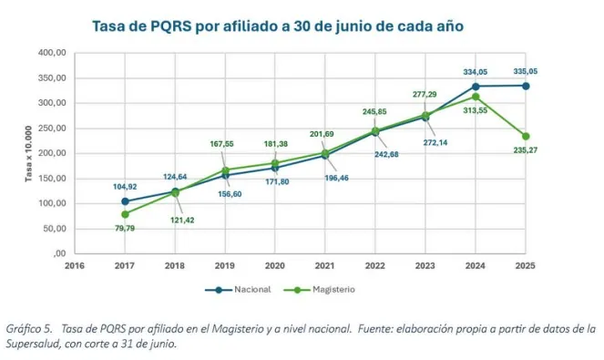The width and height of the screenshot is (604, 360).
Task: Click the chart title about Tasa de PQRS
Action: coord(278,26)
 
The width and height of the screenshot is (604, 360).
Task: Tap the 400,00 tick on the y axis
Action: coord(52,53)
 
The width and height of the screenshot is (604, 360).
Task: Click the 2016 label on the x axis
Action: coord(73,266)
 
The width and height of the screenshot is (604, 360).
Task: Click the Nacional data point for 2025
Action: coord(526,86)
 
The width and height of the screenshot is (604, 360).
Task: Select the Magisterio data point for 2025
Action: coord(526,136)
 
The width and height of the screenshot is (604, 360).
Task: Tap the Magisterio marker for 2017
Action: coord(125,214)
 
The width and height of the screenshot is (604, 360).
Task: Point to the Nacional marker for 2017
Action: coord(125,201)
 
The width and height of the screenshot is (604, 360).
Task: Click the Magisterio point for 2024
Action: coord(476,97)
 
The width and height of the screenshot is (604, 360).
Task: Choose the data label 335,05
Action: coord(526,69)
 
